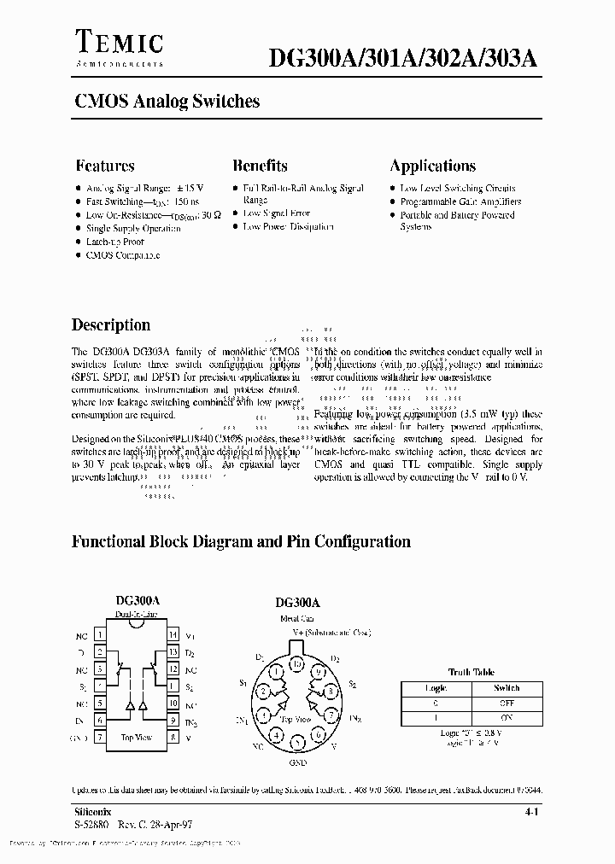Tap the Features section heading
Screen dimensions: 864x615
(104, 166)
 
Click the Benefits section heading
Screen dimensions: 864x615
(260, 166)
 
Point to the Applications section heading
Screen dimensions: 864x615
(432, 166)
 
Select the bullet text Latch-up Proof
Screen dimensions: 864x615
(114, 242)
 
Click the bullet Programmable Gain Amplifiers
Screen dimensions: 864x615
(460, 201)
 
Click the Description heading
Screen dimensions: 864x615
(111, 324)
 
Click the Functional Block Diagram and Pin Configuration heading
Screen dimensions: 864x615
(241, 541)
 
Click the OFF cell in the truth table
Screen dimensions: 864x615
(507, 703)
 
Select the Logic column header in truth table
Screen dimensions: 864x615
(436, 687)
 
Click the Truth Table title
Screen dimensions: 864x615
(471, 672)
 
